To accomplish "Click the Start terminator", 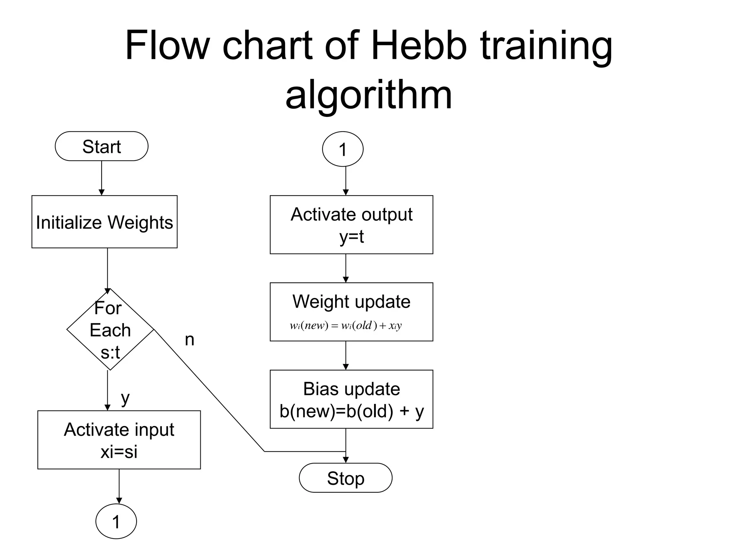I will [101, 146].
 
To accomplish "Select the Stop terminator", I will [345, 478].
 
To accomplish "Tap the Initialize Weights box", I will [104, 222].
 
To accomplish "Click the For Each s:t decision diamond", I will [110, 329].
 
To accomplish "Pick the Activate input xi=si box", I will [119, 440].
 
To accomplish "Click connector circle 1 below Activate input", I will [116, 521].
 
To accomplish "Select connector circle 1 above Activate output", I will [342, 149].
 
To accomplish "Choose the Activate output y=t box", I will [351, 225].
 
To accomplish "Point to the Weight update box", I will [351, 302].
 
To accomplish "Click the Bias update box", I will [351, 399].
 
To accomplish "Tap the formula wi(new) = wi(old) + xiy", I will [345, 325].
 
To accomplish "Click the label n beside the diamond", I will [190, 340].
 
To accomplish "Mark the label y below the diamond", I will [125, 398].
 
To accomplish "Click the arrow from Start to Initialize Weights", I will [101, 178].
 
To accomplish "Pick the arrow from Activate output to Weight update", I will [346, 268].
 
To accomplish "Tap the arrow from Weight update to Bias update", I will [346, 356].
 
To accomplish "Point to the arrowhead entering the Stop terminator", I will [346, 460].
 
